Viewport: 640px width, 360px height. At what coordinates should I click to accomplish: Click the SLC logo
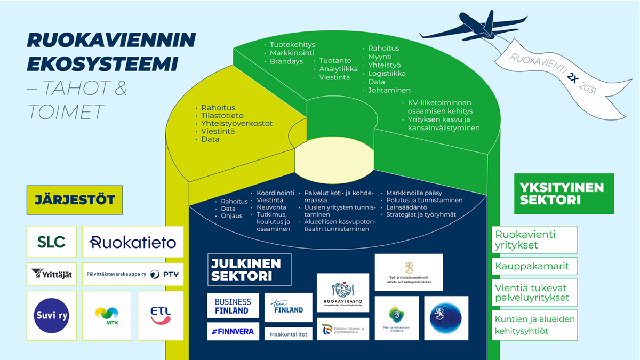[x=51, y=242]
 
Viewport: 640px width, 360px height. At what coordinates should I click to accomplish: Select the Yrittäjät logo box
[x=51, y=274]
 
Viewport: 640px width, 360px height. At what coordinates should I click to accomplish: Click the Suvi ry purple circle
[x=51, y=316]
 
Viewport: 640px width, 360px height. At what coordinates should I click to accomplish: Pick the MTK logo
[x=107, y=316]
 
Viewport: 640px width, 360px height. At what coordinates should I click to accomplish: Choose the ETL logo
[x=161, y=316]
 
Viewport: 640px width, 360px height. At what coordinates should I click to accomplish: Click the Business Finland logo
[x=233, y=306]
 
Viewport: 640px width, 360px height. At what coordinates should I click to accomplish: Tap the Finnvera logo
[x=233, y=331]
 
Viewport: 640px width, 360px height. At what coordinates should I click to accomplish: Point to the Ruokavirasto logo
[x=342, y=293]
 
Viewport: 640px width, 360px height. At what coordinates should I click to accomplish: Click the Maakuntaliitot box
[x=288, y=334]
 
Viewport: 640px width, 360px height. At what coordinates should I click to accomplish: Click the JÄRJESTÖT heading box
[x=75, y=200]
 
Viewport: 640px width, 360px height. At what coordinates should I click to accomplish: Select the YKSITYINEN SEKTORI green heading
[x=564, y=194]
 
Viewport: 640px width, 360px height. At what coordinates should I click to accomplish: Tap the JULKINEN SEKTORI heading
[x=249, y=269]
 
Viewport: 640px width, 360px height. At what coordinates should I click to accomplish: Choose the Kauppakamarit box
[x=534, y=266]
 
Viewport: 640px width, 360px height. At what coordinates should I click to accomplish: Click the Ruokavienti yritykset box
[x=534, y=240]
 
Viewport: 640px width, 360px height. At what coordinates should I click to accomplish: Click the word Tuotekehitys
[x=292, y=44]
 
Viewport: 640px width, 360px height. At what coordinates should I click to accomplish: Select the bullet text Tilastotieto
[x=222, y=116]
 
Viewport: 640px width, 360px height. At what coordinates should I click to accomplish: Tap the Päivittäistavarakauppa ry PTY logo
[x=133, y=274]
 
